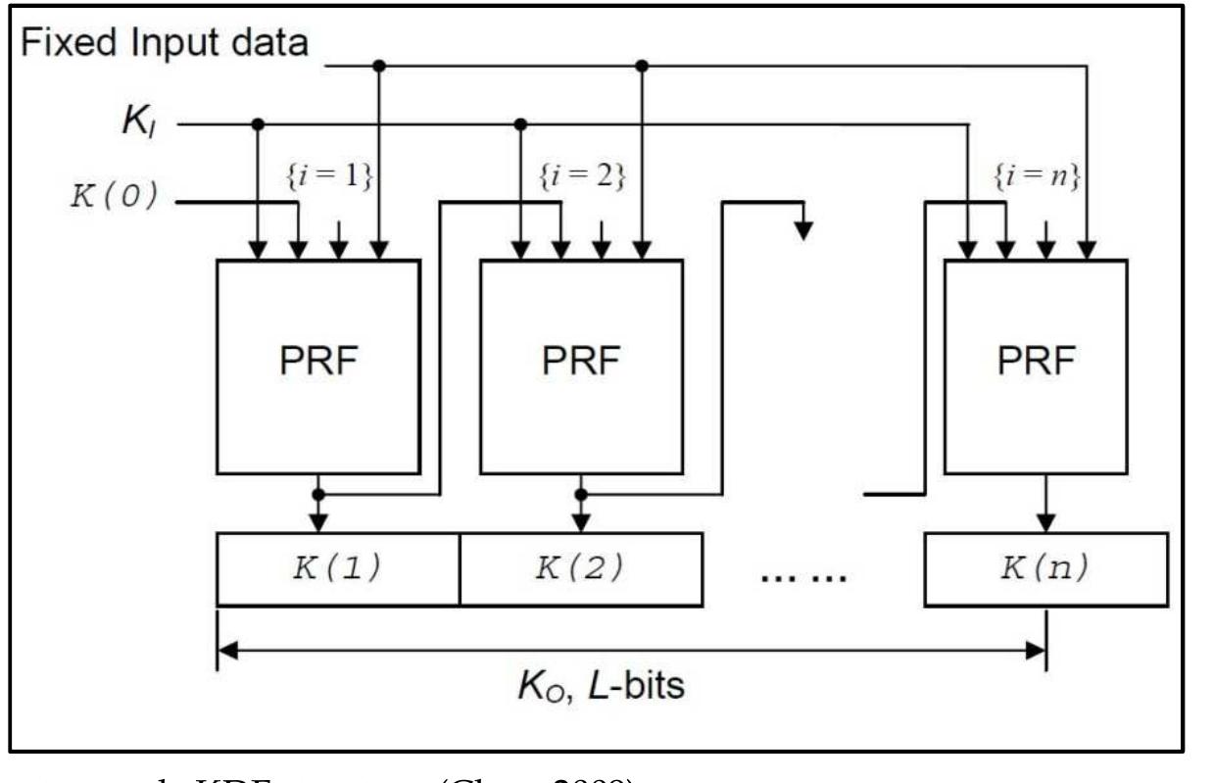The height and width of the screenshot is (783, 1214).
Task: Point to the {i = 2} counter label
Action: [582, 178]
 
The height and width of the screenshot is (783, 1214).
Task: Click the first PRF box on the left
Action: [317, 366]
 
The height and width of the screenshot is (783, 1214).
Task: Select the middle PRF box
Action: [581, 366]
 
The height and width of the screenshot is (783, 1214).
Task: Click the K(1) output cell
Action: [337, 569]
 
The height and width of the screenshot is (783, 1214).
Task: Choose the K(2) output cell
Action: [580, 569]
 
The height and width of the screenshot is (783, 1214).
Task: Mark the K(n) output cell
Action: [1045, 569]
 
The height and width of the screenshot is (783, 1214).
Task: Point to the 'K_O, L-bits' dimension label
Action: [601, 684]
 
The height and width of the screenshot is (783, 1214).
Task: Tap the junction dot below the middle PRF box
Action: [581, 494]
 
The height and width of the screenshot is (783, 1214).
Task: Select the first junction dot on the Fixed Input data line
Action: [379, 66]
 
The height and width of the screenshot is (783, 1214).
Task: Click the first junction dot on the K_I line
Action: [257, 124]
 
